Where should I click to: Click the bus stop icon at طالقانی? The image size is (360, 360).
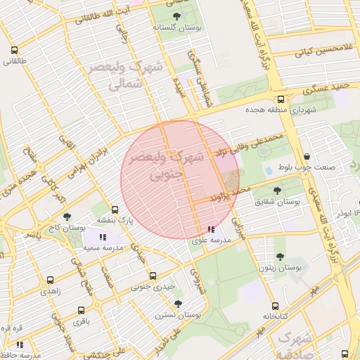[15, 50]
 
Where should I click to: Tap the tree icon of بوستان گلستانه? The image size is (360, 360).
[174, 15]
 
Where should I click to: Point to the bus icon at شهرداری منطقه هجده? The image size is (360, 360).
[281, 100]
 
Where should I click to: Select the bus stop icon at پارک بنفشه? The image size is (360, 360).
[115, 209]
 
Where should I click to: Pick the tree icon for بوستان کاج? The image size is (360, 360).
[67, 217]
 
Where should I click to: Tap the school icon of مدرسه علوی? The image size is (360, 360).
[211, 229]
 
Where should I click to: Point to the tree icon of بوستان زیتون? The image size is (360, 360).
[280, 257]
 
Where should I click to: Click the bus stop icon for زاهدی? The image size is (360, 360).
[50, 279]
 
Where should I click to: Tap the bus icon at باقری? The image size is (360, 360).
[82, 309]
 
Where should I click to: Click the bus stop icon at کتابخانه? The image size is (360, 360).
[275, 306]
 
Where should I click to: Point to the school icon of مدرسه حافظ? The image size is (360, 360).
[20, 345]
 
